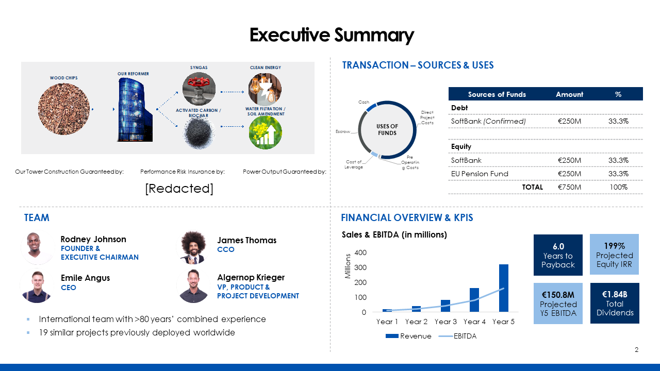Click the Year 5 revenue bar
tap(504, 288)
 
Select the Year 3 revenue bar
tap(445, 306)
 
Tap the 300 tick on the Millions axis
tap(360, 267)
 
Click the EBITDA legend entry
tap(457, 336)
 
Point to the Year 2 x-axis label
tap(416, 322)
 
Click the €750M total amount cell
tap(569, 187)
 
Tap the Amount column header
tap(569, 94)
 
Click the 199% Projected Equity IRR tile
tap(614, 255)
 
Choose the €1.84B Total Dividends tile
tap(615, 303)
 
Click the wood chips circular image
tap(63, 109)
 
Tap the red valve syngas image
tap(199, 89)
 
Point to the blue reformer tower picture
tap(135, 110)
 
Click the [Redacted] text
tap(179, 189)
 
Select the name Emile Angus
tap(85, 278)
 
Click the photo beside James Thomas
tap(193, 247)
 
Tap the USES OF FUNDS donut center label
tap(387, 129)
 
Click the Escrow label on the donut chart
tap(343, 131)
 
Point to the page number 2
tap(636, 350)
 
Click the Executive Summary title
tap(332, 35)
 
